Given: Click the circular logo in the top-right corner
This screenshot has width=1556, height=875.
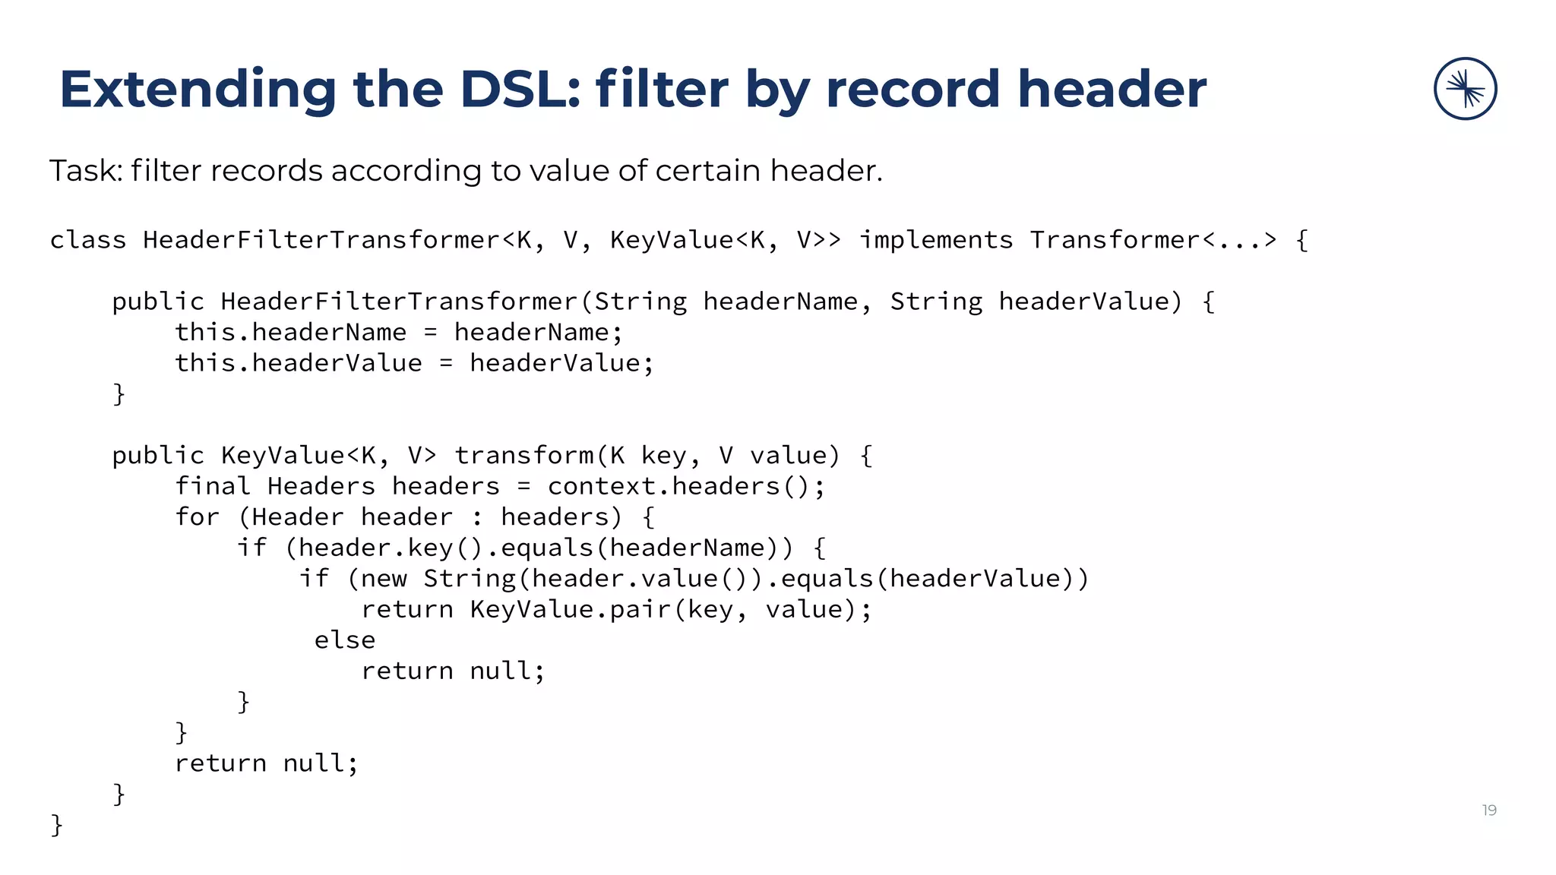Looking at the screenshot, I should tap(1465, 89).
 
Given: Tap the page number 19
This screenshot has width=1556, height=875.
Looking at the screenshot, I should tap(1489, 810).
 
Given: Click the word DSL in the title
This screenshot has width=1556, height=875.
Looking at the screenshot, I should tap(520, 90).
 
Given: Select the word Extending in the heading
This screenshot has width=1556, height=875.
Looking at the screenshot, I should tap(198, 90).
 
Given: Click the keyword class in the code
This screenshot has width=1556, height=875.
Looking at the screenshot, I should tap(88, 240).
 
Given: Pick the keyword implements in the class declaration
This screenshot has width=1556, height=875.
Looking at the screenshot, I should tap(936, 240).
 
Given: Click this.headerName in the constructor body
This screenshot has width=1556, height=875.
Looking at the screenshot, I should tap(290, 333).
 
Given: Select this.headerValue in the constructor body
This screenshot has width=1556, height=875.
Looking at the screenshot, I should tap(298, 363).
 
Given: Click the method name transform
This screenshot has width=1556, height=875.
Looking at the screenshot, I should tap(524, 456).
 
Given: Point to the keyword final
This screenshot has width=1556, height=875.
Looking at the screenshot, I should tap(212, 486).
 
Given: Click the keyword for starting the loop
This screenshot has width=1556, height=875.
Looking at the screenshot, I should tap(197, 517).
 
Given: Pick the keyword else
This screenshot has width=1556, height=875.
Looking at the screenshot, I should tap(345, 640).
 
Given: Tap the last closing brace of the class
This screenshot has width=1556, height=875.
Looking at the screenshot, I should tap(56, 824).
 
